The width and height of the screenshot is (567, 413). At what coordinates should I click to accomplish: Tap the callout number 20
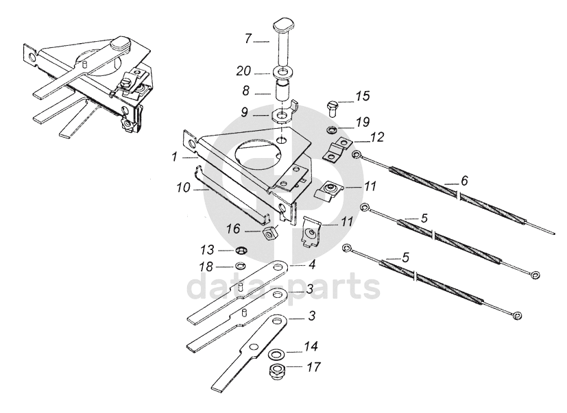click(x=245, y=71)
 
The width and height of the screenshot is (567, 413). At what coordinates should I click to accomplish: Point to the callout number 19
click(x=362, y=122)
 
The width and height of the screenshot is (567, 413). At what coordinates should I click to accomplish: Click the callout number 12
click(x=377, y=138)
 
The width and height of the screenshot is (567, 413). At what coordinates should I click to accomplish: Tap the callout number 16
click(x=233, y=227)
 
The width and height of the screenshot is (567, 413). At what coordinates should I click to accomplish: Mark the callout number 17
click(x=313, y=367)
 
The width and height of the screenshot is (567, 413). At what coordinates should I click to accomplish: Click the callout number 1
click(x=176, y=156)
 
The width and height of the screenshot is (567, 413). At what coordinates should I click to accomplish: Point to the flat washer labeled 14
click(x=276, y=354)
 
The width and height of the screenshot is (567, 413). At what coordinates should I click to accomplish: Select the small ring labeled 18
click(x=241, y=265)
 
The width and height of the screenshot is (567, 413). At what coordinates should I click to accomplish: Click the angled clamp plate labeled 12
click(x=336, y=148)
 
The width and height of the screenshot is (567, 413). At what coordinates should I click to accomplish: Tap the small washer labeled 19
click(x=332, y=129)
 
